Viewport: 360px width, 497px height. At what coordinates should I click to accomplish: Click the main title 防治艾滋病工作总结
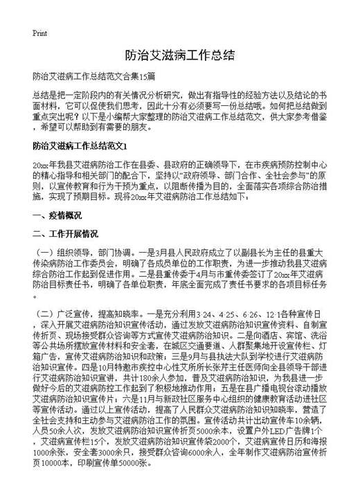pos(179,53)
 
